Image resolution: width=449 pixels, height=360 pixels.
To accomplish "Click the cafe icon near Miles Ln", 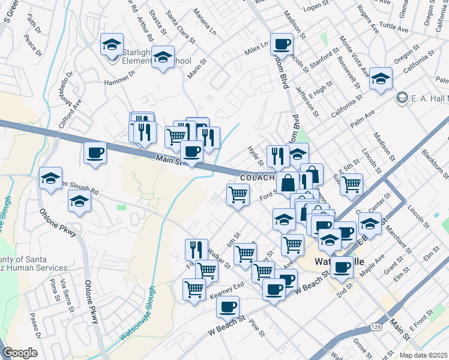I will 281,44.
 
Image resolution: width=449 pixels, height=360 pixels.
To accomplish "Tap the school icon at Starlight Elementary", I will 111,44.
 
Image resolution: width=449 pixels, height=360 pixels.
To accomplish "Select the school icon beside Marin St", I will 162,58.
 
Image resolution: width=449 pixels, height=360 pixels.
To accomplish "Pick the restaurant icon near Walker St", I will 196,249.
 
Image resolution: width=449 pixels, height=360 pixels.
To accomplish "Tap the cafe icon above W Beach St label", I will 228,307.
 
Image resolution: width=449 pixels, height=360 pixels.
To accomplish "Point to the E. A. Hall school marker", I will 402,97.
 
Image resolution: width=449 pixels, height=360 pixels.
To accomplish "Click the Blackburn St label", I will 434,166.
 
